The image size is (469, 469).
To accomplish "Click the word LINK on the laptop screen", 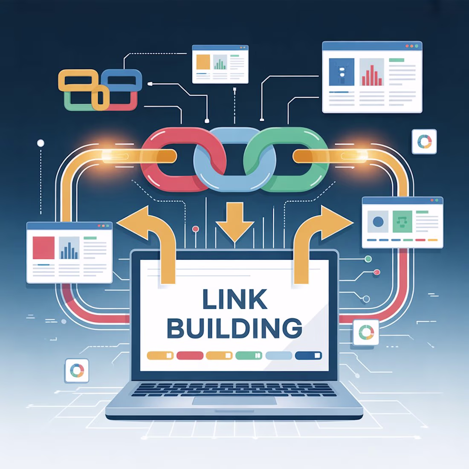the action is (234, 299).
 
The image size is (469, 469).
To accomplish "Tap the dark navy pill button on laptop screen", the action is (308, 355).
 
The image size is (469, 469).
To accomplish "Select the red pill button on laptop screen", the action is (190, 355).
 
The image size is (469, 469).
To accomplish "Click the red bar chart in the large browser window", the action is (372, 75).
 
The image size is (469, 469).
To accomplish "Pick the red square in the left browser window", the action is (43, 248).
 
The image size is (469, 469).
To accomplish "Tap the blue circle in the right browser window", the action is (378, 222).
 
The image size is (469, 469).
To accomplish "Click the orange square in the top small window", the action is (203, 62).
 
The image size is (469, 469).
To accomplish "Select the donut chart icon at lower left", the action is (77, 371).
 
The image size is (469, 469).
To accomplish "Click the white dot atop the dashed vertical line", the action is (41, 143).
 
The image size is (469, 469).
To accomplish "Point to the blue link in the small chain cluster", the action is (122, 80).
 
